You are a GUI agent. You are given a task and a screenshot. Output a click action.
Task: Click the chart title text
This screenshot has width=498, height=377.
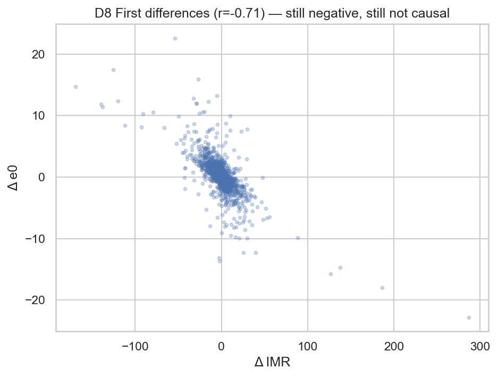[272, 13]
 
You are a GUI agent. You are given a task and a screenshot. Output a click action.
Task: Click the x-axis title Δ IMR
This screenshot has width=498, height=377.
[272, 362]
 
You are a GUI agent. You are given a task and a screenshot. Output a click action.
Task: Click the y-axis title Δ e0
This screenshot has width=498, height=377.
[14, 178]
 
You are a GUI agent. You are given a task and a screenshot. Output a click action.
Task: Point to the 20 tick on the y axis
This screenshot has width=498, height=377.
[38, 54]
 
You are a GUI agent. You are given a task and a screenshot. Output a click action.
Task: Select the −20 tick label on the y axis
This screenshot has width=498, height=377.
[35, 300]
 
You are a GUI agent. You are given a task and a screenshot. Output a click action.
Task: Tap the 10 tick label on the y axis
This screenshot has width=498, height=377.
[38, 116]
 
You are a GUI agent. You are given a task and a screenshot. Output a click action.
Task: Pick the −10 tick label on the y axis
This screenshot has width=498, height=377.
[35, 239]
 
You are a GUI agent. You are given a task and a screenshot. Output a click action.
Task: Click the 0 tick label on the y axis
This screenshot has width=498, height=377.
[41, 177]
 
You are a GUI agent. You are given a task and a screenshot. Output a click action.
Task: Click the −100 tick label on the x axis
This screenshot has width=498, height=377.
[135, 346]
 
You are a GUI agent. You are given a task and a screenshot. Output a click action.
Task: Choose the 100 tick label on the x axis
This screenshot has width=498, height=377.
[307, 346]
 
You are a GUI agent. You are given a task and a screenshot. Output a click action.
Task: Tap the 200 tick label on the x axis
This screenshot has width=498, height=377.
[394, 346]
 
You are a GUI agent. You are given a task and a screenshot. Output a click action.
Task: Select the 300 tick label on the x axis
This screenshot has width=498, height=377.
[480, 346]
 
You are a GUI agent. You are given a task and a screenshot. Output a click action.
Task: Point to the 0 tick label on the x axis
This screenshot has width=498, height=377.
[222, 346]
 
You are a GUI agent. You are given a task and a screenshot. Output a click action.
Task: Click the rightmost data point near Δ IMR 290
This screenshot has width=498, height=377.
[469, 317]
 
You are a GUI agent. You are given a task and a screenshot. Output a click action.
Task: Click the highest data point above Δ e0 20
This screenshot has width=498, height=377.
[175, 38]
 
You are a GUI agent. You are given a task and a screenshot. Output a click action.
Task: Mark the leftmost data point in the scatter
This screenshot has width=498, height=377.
[75, 87]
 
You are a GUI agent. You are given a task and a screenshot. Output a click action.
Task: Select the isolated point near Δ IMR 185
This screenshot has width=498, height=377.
[382, 288]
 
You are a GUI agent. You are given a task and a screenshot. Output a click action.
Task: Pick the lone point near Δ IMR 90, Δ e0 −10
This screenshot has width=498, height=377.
[298, 238]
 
